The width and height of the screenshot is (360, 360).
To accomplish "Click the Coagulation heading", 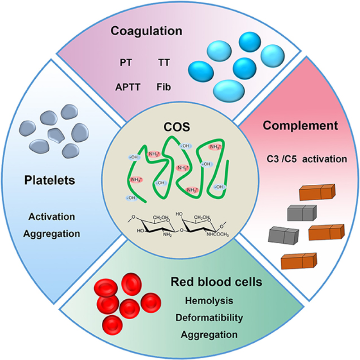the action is pos(146,31).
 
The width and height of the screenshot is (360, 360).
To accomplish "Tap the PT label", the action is pos(126,62).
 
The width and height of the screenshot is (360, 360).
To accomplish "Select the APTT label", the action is pos(128,87).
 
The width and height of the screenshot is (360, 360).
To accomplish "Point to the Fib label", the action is pos(164,87).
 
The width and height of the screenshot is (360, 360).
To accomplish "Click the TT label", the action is pos(164,62).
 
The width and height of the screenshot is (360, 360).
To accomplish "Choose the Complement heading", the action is pos(300,126).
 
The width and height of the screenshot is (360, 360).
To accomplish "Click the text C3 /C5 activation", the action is pos(307,159).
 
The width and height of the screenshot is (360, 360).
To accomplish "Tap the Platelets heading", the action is pos(50,180).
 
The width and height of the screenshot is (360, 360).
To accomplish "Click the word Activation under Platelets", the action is pos(52,217).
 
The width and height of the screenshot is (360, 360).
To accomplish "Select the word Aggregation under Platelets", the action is pos(52,234).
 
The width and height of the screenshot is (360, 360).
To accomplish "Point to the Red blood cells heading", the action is pos(216,282).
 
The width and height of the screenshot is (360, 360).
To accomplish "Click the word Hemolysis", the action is pos(209,301).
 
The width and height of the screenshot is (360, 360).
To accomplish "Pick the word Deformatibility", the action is pos(209,318).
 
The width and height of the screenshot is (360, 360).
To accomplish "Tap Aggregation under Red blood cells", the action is pos(209,335).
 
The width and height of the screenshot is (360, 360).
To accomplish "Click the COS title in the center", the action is pos(177,127).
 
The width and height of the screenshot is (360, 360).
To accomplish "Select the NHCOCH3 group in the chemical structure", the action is pos(218,235).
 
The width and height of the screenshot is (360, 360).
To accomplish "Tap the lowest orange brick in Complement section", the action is pos(299,261).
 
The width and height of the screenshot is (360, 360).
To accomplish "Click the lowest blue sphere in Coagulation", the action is pos(229,91).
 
